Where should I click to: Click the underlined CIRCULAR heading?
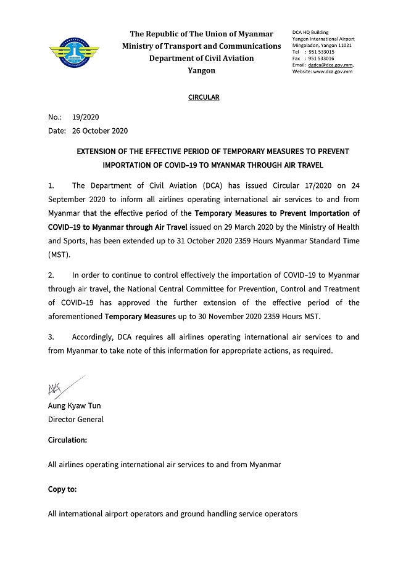[x=203, y=97]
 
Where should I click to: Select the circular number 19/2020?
[x=86, y=117]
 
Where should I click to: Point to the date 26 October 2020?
[x=100, y=131]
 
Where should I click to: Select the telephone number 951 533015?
[x=321, y=52]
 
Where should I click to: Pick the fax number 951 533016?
[x=321, y=59]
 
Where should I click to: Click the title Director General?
[x=76, y=420]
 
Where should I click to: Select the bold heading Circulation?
[x=67, y=440]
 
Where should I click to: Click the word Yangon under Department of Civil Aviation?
[x=201, y=70]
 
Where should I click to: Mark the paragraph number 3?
[x=51, y=337]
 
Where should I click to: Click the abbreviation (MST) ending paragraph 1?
[x=59, y=255]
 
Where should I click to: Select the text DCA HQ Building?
[x=310, y=32]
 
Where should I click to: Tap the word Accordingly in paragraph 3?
[x=93, y=337]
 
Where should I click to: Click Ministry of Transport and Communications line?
[x=201, y=46]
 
